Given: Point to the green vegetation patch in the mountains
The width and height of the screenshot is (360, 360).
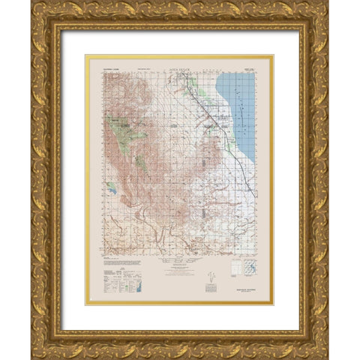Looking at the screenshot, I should pyautogui.click(x=119, y=124).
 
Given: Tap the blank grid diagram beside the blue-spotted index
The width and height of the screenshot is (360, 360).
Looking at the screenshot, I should pyautogui.click(x=258, y=268).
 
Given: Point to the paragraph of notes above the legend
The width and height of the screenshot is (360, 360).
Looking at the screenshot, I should pyautogui.click(x=112, y=262).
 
